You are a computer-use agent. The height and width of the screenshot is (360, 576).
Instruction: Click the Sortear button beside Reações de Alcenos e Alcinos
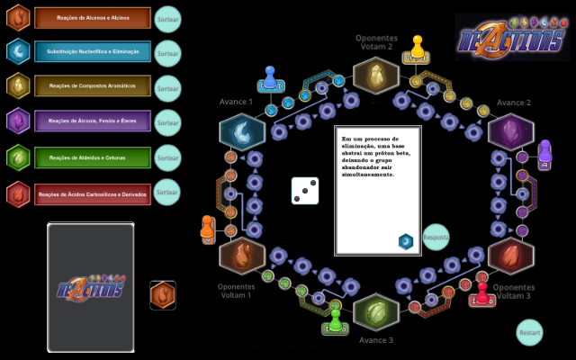pos(168,19)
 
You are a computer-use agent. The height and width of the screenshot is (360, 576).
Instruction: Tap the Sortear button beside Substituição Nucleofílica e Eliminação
pos(168,53)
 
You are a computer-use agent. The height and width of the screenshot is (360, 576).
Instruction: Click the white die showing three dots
pos(305,190)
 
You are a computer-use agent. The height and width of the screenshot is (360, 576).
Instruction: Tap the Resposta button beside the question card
pos(436,237)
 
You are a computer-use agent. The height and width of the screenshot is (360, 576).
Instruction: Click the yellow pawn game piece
pos(417,47)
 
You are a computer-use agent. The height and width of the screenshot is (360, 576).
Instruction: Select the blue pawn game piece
pos(269,79)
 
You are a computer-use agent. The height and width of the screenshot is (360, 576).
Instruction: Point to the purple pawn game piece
pos(544,155)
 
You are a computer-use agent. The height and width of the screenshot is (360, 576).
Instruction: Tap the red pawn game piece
pos(482,295)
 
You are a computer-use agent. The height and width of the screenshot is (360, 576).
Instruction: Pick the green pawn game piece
pos(335,320)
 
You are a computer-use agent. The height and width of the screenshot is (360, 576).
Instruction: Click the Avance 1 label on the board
pos(237,103)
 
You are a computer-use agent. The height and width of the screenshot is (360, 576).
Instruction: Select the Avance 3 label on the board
pos(376,340)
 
